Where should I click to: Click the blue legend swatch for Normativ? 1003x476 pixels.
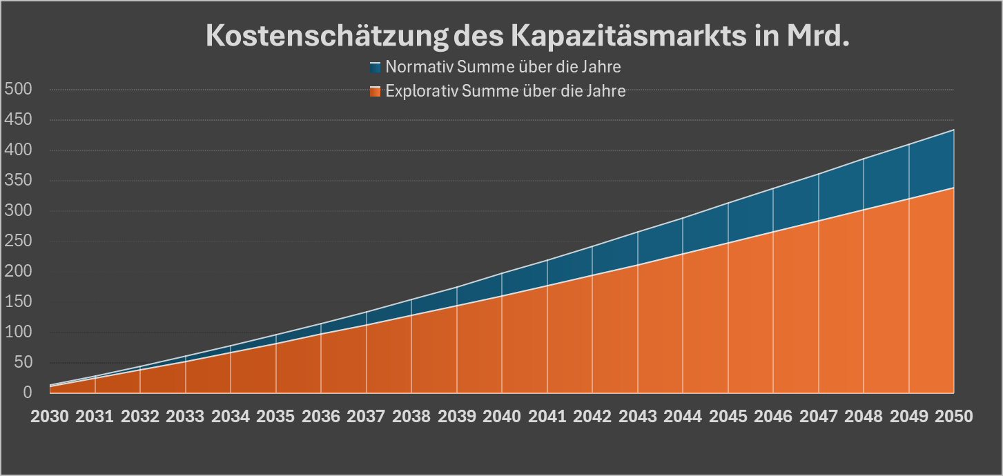click(x=376, y=68)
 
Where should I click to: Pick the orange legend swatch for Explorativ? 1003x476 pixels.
click(x=376, y=91)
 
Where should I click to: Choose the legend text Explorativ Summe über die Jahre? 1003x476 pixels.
click(x=505, y=91)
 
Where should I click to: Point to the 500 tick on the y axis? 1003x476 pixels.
click(x=18, y=89)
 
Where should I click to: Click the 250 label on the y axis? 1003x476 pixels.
click(x=18, y=241)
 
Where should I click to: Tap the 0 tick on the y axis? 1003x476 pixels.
click(x=28, y=393)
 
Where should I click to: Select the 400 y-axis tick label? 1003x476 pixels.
click(x=18, y=150)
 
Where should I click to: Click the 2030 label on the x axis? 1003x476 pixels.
click(x=50, y=417)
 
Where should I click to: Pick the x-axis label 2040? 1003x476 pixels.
click(x=502, y=417)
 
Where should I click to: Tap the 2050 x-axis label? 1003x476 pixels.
click(x=953, y=417)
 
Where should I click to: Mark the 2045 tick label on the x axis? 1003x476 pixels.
click(x=728, y=417)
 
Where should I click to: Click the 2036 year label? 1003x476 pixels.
click(x=321, y=417)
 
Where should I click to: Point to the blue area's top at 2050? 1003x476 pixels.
click(x=953, y=130)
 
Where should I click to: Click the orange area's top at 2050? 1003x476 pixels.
click(x=953, y=188)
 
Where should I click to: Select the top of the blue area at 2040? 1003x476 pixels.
click(x=502, y=274)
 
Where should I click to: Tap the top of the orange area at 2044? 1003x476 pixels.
click(x=683, y=254)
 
